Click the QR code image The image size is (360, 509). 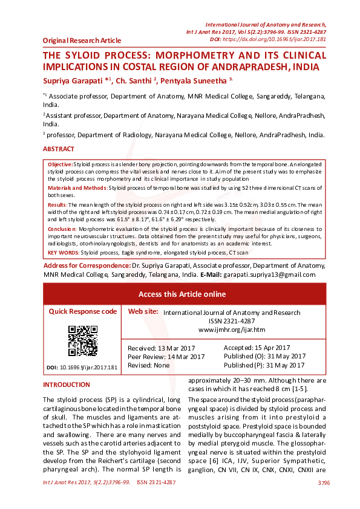82,340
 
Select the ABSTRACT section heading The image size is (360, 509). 59,149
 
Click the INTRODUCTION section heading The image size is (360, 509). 66,385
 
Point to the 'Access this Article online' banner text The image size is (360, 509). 182,294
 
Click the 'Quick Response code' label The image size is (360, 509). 82,311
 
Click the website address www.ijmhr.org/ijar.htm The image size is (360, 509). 232,329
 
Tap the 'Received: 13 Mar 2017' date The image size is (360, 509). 160,348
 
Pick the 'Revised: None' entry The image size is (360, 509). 149,366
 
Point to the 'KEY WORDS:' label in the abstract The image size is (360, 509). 63,252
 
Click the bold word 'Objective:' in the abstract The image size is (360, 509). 60,164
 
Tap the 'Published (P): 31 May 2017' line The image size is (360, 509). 264,365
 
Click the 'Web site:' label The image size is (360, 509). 143,311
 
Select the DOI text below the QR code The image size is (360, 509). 82,368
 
